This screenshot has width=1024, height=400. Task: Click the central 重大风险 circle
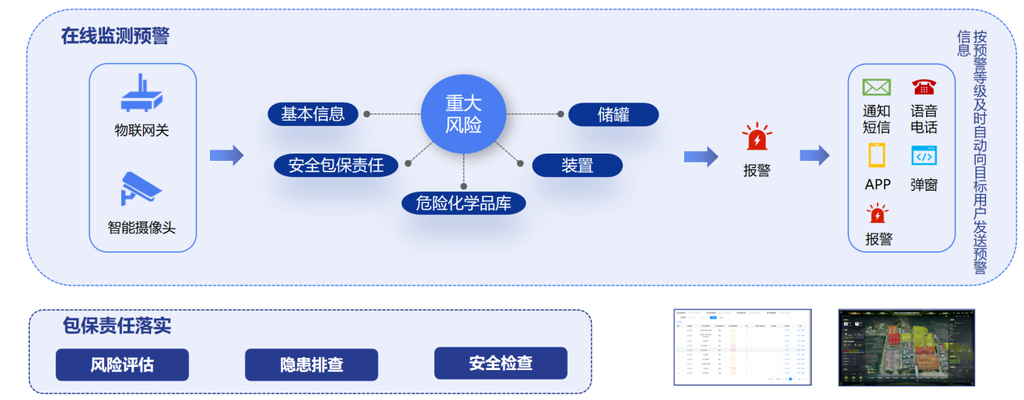pos(464,115)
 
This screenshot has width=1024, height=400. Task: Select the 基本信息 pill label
pos(313,114)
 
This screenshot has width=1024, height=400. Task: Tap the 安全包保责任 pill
pos(336,166)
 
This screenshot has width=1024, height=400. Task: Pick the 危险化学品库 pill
pos(464,203)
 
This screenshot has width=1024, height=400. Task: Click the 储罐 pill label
pos(613,115)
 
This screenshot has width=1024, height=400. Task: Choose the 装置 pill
pos(577,166)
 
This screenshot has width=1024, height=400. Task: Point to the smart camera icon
pos(141,187)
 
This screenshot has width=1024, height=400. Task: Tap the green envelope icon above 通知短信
pos(876,87)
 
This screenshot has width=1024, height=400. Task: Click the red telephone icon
pos(923,87)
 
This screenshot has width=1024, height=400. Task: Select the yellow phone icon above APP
pos(877,155)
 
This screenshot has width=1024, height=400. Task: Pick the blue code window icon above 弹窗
pos(924,156)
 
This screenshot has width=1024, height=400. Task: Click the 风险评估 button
pos(122,364)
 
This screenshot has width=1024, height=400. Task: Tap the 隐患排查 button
pos(312,364)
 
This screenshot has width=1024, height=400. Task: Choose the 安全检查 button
pos(501,364)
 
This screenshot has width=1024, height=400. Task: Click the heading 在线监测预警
pos(115,36)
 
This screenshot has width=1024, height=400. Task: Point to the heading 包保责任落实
pos(117,326)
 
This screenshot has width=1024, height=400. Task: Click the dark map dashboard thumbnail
pos(906,347)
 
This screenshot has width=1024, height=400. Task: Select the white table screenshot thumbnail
pos(742,347)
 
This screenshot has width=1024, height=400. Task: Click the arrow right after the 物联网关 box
pos(226,155)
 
